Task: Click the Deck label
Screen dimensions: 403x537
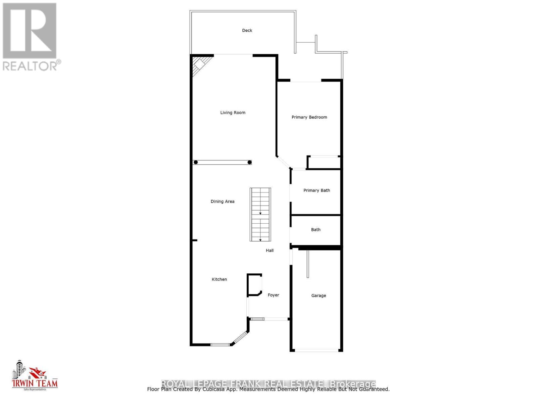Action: pos(247,31)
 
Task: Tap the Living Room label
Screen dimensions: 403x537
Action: pos(233,113)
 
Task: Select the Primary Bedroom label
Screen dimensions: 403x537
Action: pos(309,117)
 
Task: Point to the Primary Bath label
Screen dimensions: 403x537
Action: pos(316,190)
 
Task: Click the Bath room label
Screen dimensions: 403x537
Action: pos(315,230)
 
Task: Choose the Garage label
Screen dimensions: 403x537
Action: pos(319,296)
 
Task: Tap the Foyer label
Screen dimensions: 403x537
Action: pos(273,295)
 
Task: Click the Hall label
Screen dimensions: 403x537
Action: pos(270,251)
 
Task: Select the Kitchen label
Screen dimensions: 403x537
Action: pos(219,279)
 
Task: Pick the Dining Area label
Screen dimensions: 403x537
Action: pos(223,201)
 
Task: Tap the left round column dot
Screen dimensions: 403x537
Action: pos(196,163)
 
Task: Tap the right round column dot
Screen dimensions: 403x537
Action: pos(249,163)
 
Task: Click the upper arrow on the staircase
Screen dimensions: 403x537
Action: pos(260,213)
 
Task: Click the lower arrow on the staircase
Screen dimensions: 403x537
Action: pos(260,240)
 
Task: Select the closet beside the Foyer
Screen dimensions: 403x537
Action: pos(254,285)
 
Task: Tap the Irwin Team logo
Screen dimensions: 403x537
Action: pos(35,376)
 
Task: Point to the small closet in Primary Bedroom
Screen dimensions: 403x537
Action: pos(324,163)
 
